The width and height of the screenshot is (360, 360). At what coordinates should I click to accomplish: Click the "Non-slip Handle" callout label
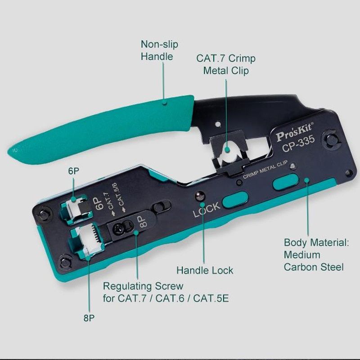click(160, 50)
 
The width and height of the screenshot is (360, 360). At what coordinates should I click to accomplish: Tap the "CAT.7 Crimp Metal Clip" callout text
click(226, 64)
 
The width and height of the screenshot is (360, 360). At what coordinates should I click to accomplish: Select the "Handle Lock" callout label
click(205, 270)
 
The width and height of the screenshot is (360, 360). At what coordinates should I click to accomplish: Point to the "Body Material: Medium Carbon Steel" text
click(316, 255)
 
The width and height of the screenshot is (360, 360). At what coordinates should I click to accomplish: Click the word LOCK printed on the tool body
click(207, 209)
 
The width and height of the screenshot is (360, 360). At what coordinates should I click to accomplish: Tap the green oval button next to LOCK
click(235, 198)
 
